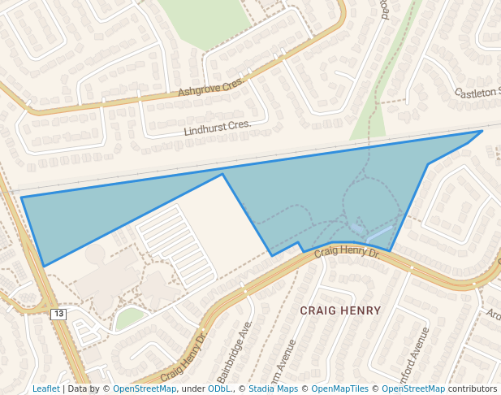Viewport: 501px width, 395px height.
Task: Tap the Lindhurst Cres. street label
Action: click(x=218, y=127)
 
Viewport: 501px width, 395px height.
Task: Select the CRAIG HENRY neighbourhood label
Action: click(x=340, y=310)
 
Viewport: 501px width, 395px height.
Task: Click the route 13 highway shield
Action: click(x=58, y=314)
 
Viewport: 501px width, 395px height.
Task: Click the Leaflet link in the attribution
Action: click(x=46, y=388)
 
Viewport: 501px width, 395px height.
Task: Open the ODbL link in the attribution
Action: click(x=219, y=388)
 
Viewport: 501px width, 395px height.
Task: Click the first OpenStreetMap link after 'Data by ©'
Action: click(x=145, y=388)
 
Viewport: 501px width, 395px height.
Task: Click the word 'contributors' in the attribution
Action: click(x=473, y=388)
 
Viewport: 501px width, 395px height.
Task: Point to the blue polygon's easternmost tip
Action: click(x=482, y=131)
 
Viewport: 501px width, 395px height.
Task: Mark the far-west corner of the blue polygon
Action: click(x=22, y=197)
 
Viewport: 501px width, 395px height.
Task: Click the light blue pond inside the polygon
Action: click(x=378, y=236)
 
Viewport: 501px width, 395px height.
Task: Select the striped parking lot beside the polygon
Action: click(x=174, y=243)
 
